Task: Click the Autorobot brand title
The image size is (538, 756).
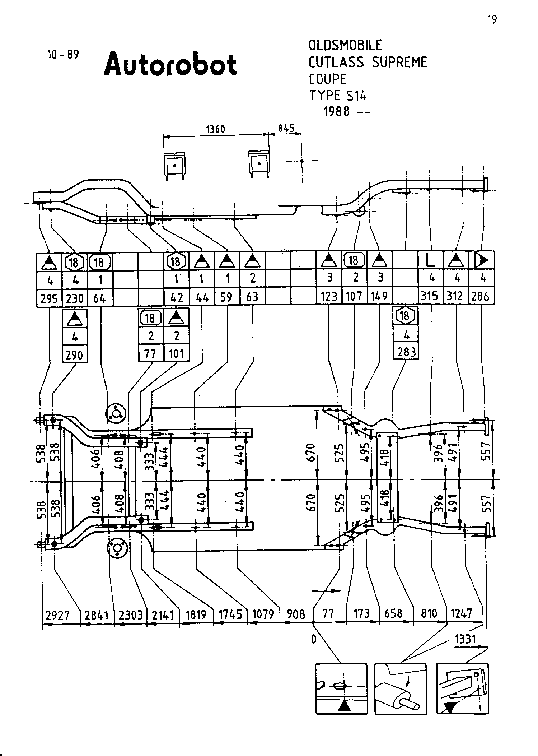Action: pyautogui.click(x=170, y=65)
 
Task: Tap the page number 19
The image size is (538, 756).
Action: pyautogui.click(x=492, y=19)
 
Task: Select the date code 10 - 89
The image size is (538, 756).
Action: pyautogui.click(x=63, y=55)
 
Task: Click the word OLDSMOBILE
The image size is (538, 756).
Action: pyautogui.click(x=345, y=45)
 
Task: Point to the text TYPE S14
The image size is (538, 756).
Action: pyautogui.click(x=338, y=96)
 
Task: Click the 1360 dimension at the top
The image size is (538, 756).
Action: pyautogui.click(x=215, y=129)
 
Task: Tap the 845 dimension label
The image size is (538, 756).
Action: pyautogui.click(x=286, y=128)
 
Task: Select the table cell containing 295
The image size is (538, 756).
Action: pyautogui.click(x=50, y=298)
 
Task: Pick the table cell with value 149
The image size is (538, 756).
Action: pyautogui.click(x=379, y=296)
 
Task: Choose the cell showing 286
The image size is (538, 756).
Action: pyautogui.click(x=481, y=296)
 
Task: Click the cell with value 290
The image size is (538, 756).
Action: pyautogui.click(x=75, y=355)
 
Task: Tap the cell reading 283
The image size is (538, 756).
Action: pyautogui.click(x=406, y=352)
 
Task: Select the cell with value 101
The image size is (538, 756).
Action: pyautogui.click(x=177, y=354)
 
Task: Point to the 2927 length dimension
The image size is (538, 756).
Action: pyautogui.click(x=57, y=615)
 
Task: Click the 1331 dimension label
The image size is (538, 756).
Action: pyautogui.click(x=465, y=639)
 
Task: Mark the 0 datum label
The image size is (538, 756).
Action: pyautogui.click(x=314, y=639)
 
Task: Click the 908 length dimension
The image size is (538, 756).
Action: pyautogui.click(x=296, y=614)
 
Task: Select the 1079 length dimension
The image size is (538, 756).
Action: pyautogui.click(x=263, y=614)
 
